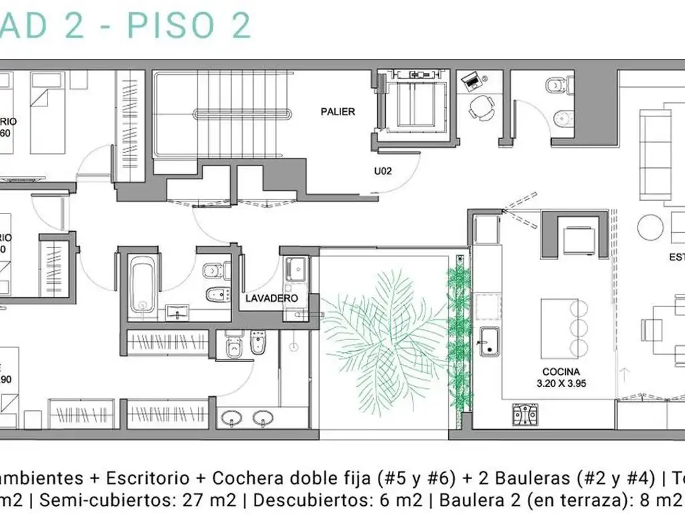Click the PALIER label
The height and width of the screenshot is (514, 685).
(x=338, y=112)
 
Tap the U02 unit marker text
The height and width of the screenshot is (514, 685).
(x=382, y=171)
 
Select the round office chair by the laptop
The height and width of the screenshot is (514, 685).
(x=480, y=107)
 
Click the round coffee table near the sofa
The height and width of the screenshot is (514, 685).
(x=650, y=228)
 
